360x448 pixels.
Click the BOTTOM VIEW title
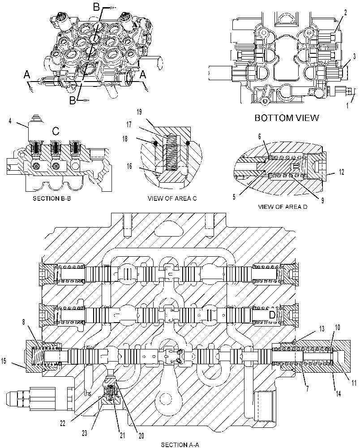[287, 118]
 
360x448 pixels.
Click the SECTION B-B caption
[51, 198]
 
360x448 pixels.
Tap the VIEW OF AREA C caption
[172, 198]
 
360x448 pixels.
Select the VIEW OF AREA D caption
[283, 206]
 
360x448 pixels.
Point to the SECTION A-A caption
[180, 444]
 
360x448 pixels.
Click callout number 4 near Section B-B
[10, 121]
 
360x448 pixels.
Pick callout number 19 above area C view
[139, 112]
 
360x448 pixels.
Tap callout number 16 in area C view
[129, 166]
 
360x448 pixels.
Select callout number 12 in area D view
[342, 172]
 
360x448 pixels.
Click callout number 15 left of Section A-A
[4, 361]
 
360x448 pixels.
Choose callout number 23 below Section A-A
[85, 433]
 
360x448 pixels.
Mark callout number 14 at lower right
[339, 394]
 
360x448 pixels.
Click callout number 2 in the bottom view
[345, 12]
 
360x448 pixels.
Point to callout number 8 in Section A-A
[24, 322]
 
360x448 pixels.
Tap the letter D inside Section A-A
[272, 315]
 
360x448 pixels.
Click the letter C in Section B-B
[56, 131]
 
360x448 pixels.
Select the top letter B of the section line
[97, 8]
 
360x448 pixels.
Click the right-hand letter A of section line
[143, 75]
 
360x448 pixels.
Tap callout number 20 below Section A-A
[141, 436]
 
